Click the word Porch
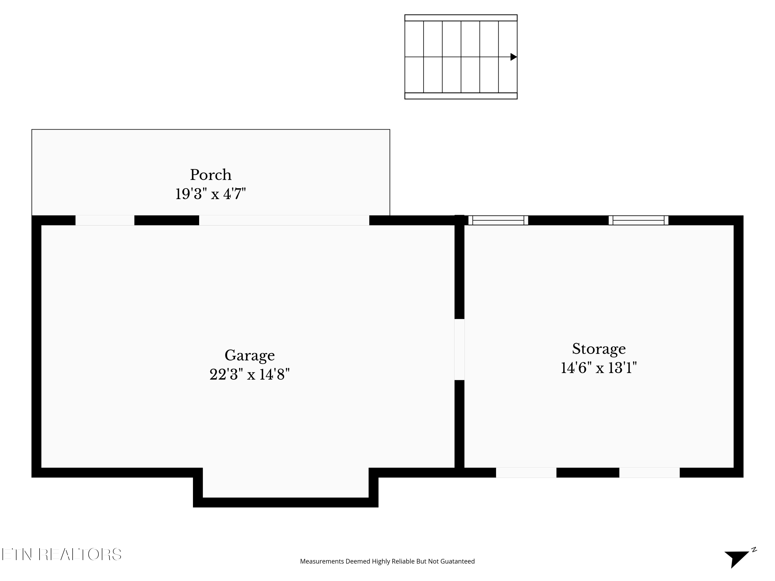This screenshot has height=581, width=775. [211, 175]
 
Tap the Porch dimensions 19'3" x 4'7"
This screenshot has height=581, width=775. [211, 194]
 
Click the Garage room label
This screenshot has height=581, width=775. [250, 356]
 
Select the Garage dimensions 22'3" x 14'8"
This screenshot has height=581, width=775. [250, 374]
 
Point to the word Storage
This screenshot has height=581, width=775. [599, 349]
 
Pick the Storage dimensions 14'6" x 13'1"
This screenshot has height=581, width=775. [599, 368]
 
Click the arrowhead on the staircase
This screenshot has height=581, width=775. [513, 57]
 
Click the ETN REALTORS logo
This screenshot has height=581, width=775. [62, 554]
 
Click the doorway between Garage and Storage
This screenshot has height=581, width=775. [459, 350]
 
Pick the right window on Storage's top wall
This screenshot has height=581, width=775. [638, 220]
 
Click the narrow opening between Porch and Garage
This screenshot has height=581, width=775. [105, 220]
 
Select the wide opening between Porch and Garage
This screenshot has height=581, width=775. [284, 220]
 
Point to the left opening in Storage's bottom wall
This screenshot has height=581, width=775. [526, 473]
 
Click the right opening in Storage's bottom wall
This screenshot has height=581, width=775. [649, 473]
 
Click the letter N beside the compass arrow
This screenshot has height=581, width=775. [754, 549]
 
